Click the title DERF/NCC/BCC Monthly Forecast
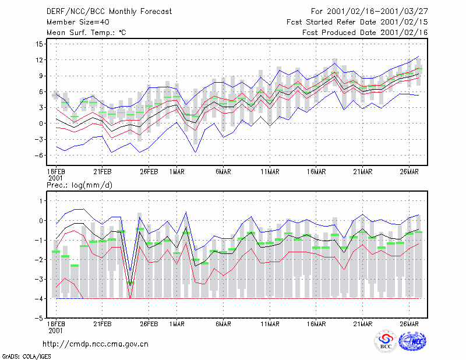pos(109,12)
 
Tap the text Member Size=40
pos(78,22)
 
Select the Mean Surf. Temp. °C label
pos(86,33)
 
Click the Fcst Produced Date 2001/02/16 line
pos(365,33)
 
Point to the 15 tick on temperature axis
pos(39,44)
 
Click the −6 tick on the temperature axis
pos(38,155)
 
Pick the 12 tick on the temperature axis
pos(39,60)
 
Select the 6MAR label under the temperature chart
pos(223,172)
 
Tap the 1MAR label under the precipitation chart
pos(177,324)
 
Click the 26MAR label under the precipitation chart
pos(409,324)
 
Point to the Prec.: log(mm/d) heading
pos(79,185)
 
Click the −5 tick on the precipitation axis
pos(38,318)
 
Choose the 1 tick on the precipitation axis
pos(41,201)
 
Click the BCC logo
pos(386,341)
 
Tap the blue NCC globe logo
pos(412,341)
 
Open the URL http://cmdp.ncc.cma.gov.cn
pos(96,344)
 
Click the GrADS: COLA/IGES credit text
pos(26,357)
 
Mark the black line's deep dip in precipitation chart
pos(130,285)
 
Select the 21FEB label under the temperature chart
pos(103,172)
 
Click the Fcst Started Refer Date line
pos(357,22)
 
